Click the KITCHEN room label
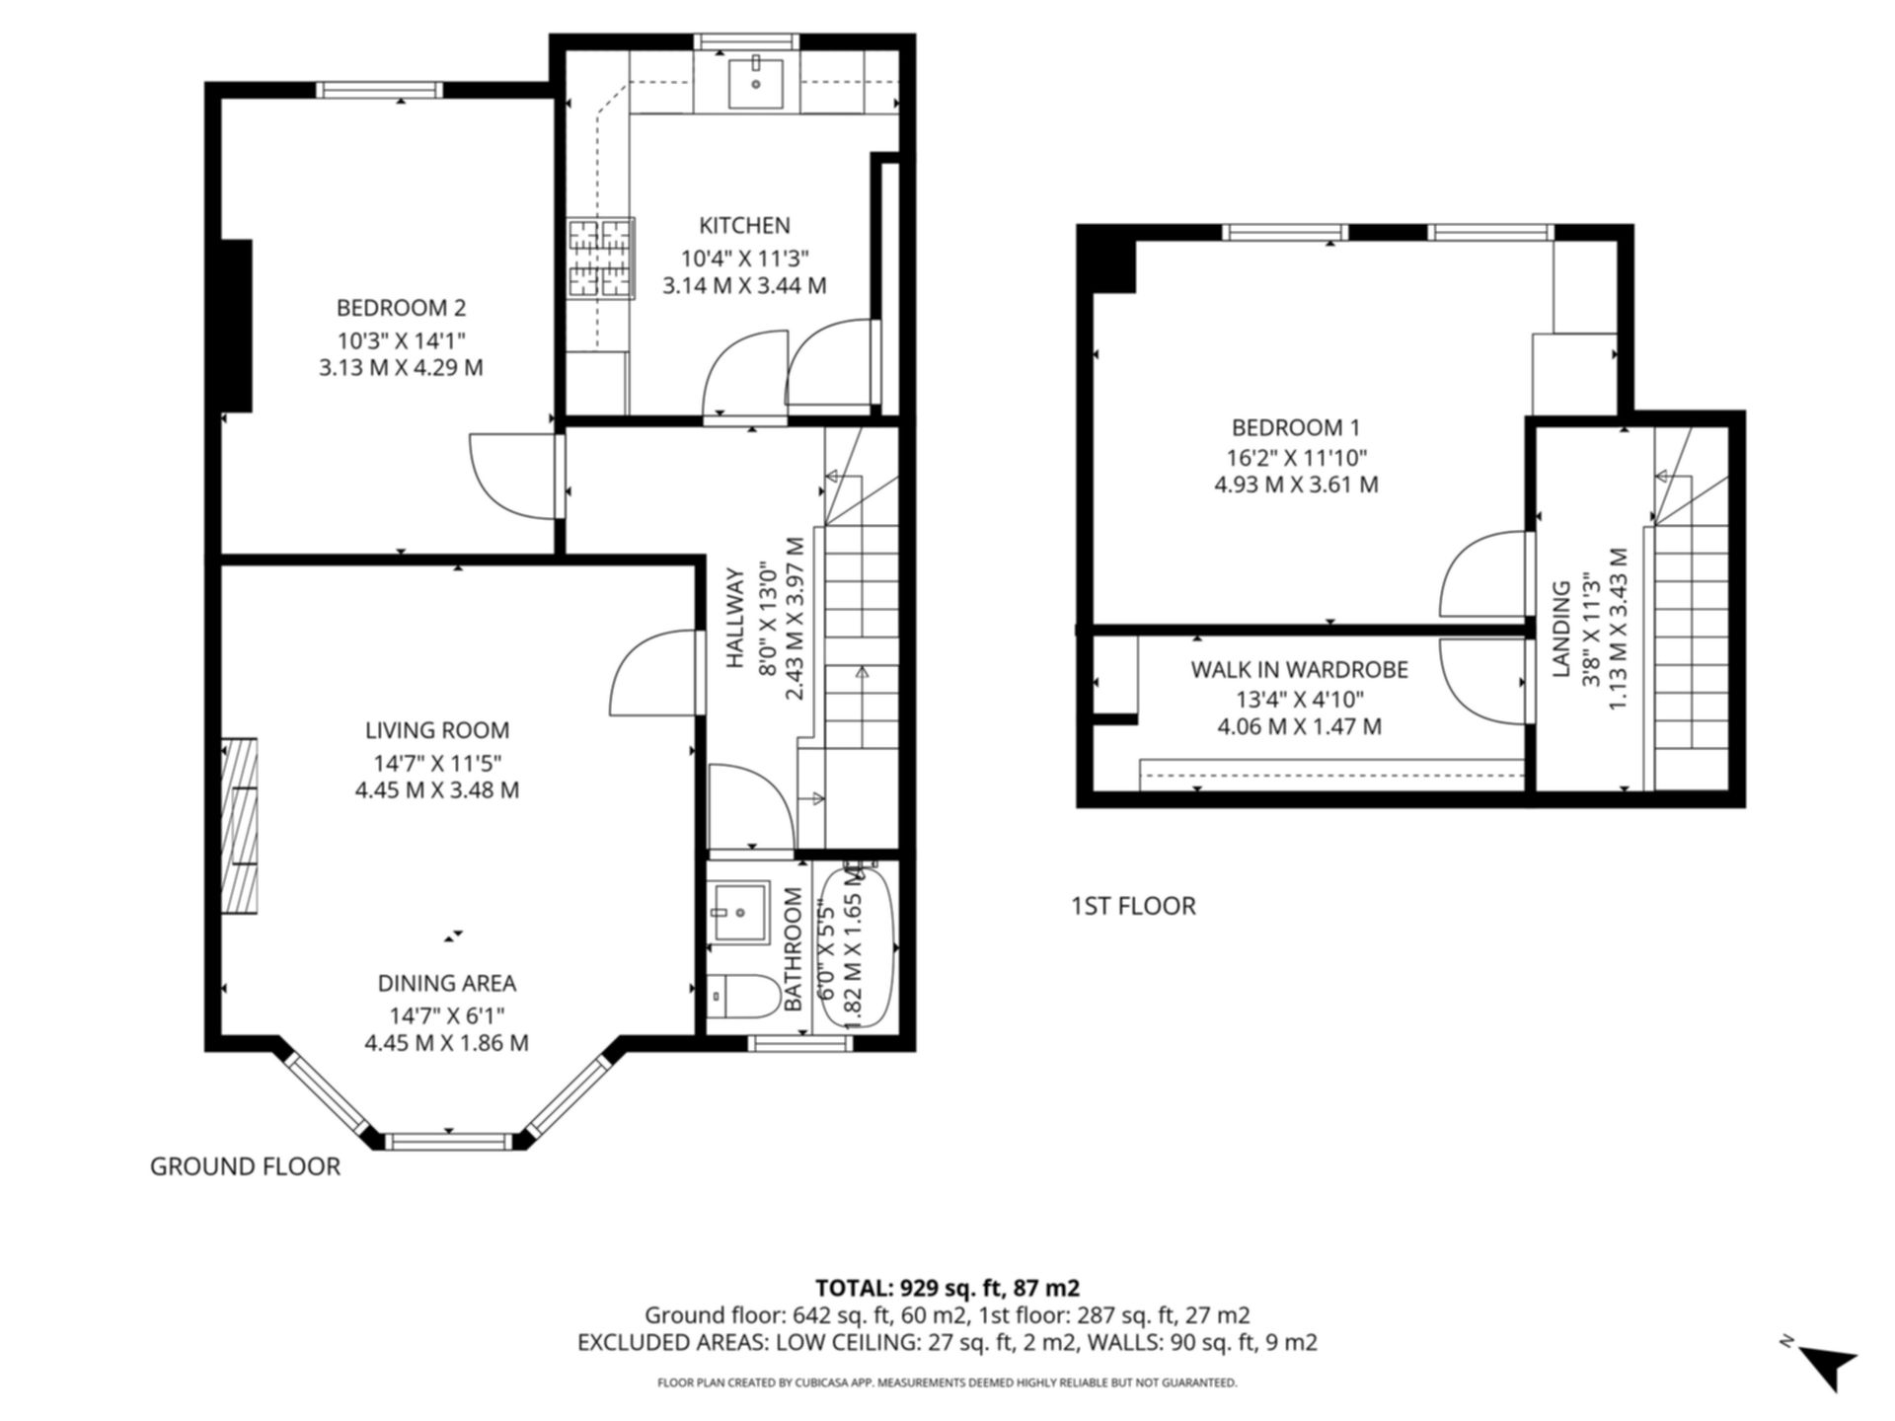click(744, 225)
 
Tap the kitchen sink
click(756, 83)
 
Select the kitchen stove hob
click(600, 258)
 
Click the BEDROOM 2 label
click(401, 308)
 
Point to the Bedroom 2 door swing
click(508, 476)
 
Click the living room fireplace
click(239, 826)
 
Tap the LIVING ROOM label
click(437, 730)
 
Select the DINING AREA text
click(446, 983)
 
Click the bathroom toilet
click(742, 997)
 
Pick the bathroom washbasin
click(739, 912)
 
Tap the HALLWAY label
click(735, 618)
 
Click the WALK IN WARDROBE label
click(1299, 669)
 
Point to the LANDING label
click(1561, 629)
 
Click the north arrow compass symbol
click(1830, 1366)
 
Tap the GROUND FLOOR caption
click(245, 1166)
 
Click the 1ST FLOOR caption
click(1133, 906)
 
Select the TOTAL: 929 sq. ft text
click(947, 1288)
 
